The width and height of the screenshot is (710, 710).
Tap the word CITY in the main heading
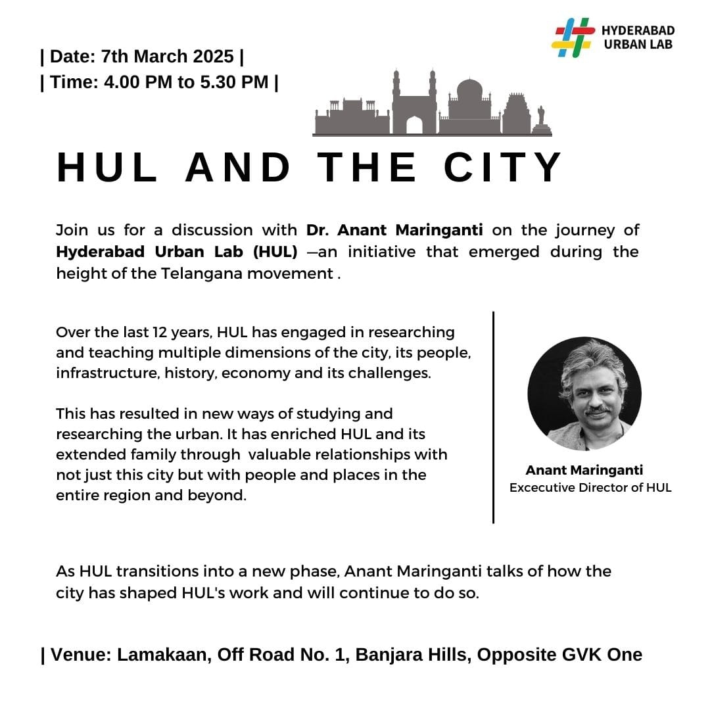click(503, 168)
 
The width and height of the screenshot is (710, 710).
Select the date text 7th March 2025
click(167, 57)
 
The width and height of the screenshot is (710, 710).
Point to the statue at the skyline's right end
click(541, 118)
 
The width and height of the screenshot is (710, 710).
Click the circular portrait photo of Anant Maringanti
click(584, 393)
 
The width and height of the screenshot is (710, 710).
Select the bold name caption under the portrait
click(584, 470)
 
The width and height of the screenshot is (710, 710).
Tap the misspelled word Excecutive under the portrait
click(542, 488)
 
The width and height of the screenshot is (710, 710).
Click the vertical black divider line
click(493, 417)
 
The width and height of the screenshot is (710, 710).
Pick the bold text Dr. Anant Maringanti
click(394, 231)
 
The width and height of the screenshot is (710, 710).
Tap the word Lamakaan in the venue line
click(166, 655)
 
